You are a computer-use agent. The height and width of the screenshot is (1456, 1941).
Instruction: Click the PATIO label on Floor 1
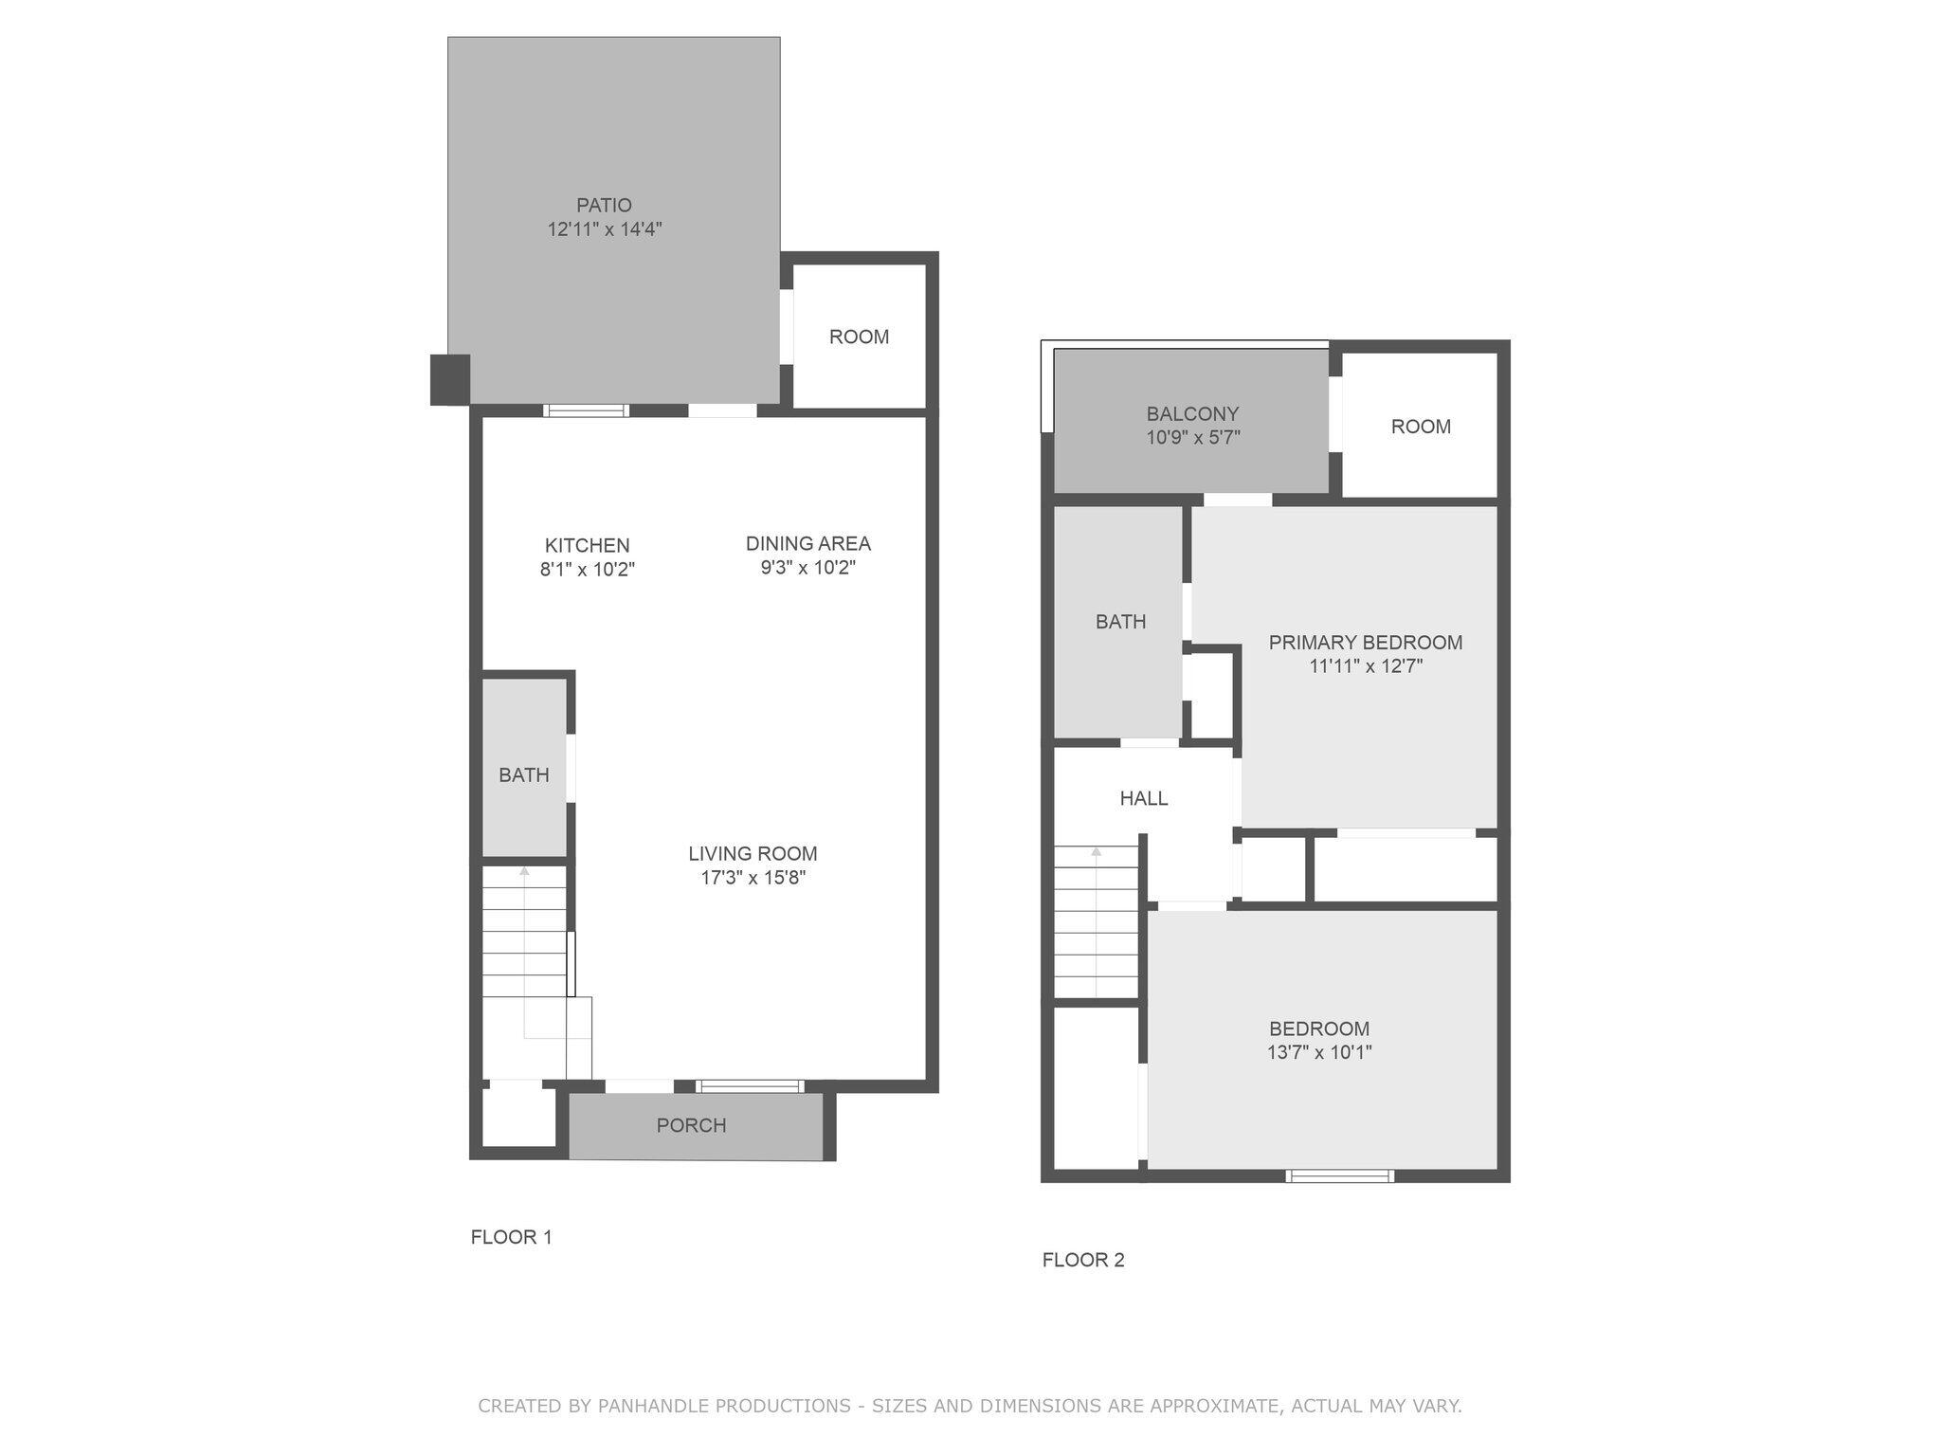coord(604,205)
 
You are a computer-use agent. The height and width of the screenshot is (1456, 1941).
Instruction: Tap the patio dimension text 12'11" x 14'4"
coord(604,229)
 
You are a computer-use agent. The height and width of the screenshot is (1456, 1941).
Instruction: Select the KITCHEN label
coord(587,545)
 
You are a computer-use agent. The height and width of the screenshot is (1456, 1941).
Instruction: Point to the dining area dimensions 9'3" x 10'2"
coord(807,568)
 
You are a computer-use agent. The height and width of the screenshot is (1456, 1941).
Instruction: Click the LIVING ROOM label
coord(753,853)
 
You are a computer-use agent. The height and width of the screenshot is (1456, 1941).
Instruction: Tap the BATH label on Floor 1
coord(524,775)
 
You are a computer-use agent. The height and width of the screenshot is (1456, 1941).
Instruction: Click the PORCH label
coord(691,1125)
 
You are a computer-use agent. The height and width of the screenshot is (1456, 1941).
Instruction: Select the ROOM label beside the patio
coord(859,337)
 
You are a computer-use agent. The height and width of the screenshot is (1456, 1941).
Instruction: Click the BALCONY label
coord(1192,413)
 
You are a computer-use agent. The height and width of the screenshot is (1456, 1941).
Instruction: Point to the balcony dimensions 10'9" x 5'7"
coord(1192,438)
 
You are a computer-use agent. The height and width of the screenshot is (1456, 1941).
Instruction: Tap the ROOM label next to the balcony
coord(1420,427)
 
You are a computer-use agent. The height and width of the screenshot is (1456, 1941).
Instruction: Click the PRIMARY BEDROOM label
coord(1365,643)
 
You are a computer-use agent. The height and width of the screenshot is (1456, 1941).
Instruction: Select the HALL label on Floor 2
coord(1143,798)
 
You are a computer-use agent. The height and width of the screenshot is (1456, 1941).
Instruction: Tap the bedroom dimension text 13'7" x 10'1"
coord(1318,1052)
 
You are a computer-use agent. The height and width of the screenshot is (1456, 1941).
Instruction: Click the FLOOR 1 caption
coord(511,1237)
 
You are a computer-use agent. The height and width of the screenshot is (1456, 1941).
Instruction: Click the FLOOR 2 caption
coord(1082,1260)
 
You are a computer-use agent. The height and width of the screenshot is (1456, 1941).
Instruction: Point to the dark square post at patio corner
coord(450,379)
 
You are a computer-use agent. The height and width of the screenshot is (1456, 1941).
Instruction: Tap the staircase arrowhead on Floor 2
coord(1096,851)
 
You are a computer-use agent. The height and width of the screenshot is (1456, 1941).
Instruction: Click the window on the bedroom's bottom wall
coord(1339,1175)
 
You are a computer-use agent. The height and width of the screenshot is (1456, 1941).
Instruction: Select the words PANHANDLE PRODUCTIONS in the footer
coord(724,1406)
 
